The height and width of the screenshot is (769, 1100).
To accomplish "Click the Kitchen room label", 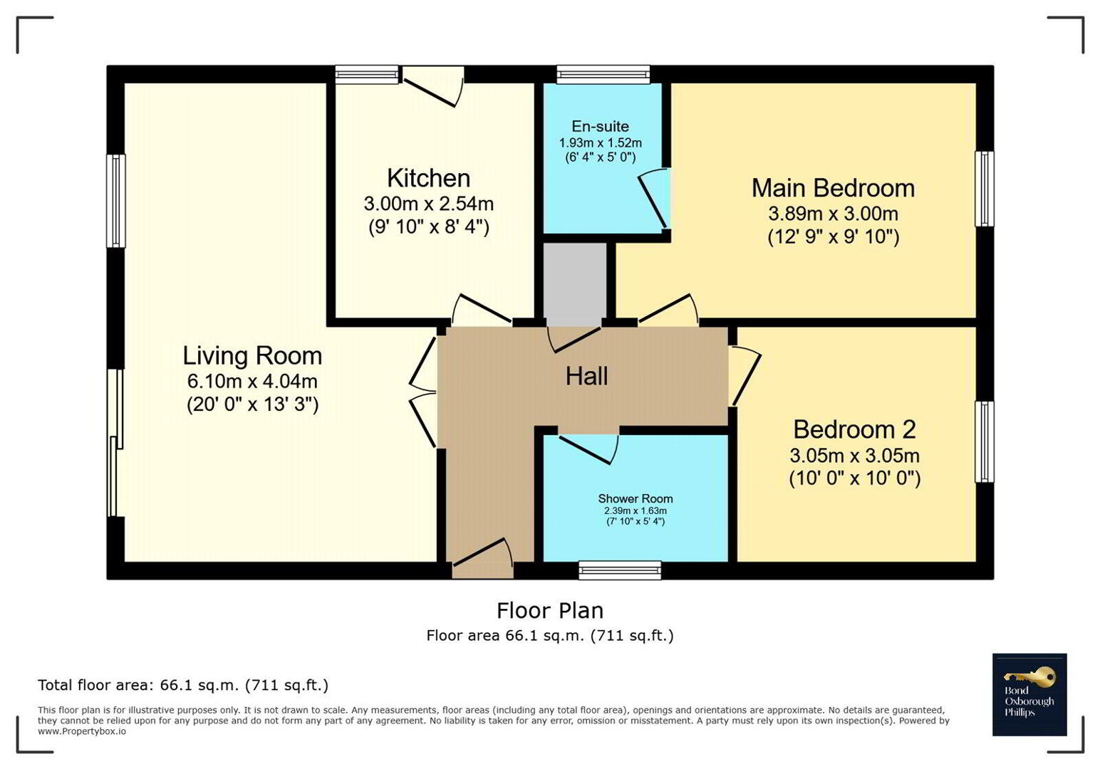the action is [x=428, y=178].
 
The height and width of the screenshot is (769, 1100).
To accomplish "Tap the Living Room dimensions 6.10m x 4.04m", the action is [x=252, y=382].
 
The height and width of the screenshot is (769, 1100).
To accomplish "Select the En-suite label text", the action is [x=600, y=127].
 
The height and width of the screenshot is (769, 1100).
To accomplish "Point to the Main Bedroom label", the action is [x=833, y=189].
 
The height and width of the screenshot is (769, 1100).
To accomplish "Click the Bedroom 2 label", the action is [x=854, y=430].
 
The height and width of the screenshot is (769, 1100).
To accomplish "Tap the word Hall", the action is [x=586, y=377].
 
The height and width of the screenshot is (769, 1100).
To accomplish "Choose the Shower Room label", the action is [x=635, y=498].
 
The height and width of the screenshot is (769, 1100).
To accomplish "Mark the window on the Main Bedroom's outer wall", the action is [x=984, y=189].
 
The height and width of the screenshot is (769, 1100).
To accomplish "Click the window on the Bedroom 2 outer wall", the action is [x=984, y=441].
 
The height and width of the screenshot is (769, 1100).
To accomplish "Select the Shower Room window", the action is [x=620, y=570].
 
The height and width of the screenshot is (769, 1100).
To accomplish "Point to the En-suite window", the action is [x=603, y=74].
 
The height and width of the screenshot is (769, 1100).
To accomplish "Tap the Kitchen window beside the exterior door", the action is [x=366, y=74].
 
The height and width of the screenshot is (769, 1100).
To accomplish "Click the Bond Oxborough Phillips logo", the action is [x=1029, y=694].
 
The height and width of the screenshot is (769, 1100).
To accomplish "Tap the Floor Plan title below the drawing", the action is [x=550, y=611].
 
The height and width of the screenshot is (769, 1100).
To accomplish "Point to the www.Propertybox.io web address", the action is [x=82, y=732].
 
